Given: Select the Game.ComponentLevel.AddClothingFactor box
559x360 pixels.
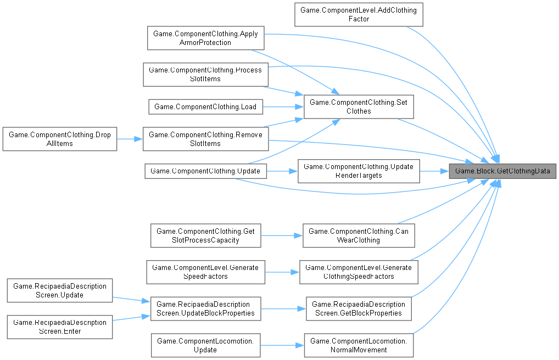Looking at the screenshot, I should point(359,15).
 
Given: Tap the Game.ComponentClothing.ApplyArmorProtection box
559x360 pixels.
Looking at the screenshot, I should point(205,38).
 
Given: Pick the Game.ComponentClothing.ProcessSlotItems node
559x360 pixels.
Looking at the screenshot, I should point(205,74).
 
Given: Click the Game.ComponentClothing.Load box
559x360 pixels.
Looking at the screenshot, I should point(205,106).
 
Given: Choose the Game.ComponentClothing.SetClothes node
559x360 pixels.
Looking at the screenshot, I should point(359,106).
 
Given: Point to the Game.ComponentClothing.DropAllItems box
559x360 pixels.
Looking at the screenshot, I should point(59,139).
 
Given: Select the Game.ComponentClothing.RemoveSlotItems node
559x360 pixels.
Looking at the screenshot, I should point(205,139).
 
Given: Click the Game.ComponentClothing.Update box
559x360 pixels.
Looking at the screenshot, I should point(205,171).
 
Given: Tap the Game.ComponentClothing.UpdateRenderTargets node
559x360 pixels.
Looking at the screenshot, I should point(359,171).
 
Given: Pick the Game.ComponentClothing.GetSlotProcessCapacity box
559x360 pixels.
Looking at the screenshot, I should point(205,235).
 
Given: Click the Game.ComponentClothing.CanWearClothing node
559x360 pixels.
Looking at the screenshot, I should point(359,235).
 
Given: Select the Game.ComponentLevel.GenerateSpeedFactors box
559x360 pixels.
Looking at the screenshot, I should point(205,272).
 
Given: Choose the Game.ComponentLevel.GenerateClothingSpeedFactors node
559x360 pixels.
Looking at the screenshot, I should point(359,272).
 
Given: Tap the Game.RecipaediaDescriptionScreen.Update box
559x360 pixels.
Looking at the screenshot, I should point(59,290).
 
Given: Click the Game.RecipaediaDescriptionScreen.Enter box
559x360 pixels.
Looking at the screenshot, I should point(59,327).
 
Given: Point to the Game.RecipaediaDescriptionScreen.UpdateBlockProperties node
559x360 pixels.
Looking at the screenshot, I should point(205,308).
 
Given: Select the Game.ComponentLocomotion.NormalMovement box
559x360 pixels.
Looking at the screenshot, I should point(359,345).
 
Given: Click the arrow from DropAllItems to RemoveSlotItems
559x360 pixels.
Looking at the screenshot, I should point(130,139).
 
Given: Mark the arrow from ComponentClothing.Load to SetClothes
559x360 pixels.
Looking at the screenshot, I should point(283,106).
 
